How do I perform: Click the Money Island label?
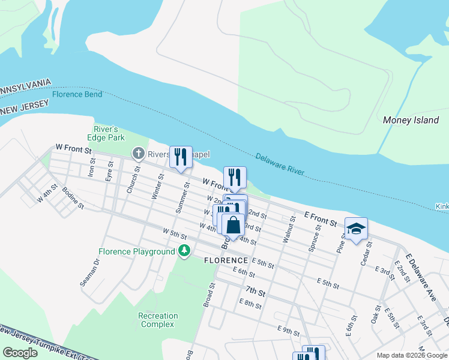click(411, 120)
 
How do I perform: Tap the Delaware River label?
click(281, 165)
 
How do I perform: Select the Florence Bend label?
click(77, 94)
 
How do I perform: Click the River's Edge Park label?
click(109, 133)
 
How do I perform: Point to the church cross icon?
click(139, 154)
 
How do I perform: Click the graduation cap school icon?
click(356, 229)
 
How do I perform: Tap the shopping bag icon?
click(233, 226)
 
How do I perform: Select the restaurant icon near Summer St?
click(181, 157)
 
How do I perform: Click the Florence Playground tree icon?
click(185, 251)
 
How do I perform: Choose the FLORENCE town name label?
click(226, 260)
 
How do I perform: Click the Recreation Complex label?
click(158, 320)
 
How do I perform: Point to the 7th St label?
click(255, 292)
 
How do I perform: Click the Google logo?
click(20, 353)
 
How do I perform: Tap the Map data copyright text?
click(412, 355)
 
